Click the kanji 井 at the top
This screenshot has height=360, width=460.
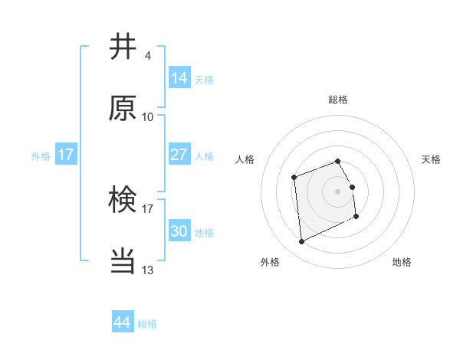pyautogui.click(x=123, y=47)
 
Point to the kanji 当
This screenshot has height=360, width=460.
pyautogui.click(x=123, y=260)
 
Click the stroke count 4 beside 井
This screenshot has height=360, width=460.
pyautogui.click(x=147, y=56)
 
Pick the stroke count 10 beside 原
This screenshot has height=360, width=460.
pyautogui.click(x=148, y=116)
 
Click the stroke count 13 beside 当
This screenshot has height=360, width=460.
pyautogui.click(x=148, y=270)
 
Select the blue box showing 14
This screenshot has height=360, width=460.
pyautogui.click(x=179, y=78)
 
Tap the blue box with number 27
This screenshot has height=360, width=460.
pyautogui.click(x=179, y=155)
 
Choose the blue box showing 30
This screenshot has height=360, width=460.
pyautogui.click(x=179, y=231)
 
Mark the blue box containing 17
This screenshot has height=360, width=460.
pyautogui.click(x=66, y=155)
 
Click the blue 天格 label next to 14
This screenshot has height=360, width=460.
pyautogui.click(x=204, y=79)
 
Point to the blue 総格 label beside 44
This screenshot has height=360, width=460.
pyautogui.click(x=147, y=324)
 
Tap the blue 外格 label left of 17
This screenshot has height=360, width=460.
pyautogui.click(x=41, y=155)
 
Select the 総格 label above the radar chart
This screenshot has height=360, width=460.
pyautogui.click(x=337, y=100)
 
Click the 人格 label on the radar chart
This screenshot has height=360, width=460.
pyautogui.click(x=245, y=159)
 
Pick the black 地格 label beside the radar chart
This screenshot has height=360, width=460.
pyautogui.click(x=402, y=262)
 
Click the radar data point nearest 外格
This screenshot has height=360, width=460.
pyautogui.click(x=301, y=242)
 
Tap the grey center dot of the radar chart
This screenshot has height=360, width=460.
pyautogui.click(x=337, y=191)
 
